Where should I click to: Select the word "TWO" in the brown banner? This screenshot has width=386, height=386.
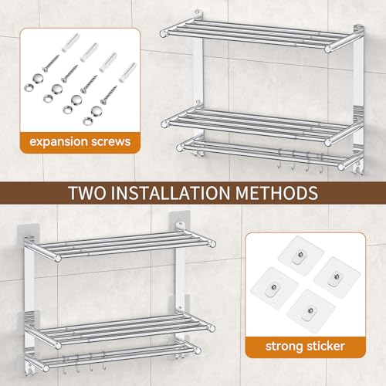(x=87, y=193)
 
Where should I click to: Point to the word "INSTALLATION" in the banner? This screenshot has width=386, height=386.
(x=171, y=193)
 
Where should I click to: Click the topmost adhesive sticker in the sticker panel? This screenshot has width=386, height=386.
(x=301, y=256)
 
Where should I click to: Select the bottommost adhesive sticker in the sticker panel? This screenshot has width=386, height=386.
(x=312, y=311)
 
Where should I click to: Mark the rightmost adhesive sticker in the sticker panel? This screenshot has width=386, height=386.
(x=337, y=278)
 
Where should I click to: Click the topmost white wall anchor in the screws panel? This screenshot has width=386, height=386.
(x=70, y=42)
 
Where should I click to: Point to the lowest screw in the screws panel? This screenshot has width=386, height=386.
(x=109, y=95)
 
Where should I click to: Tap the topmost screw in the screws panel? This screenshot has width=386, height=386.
(x=52, y=63)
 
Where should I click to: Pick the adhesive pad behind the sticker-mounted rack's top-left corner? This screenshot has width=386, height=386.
(x=28, y=238)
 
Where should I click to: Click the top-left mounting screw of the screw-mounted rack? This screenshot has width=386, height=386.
(x=197, y=12)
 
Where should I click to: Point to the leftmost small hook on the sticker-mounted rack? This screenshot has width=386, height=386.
(x=63, y=364)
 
